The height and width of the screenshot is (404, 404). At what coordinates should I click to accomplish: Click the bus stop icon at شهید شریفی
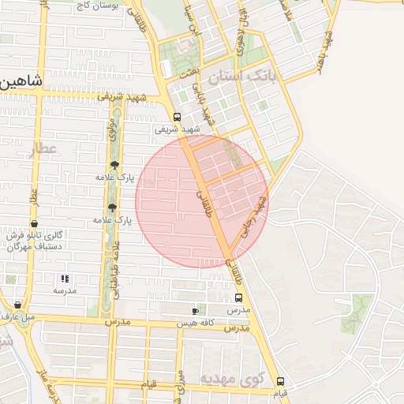176,117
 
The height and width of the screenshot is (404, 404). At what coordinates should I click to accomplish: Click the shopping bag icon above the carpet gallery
34,224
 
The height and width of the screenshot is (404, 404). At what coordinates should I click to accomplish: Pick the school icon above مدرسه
65,279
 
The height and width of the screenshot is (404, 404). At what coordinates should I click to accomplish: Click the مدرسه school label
65,290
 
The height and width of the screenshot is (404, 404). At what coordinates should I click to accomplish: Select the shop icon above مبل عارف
17,305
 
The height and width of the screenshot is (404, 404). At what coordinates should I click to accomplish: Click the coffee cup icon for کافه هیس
195,312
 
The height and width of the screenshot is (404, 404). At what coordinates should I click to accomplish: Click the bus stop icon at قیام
280,381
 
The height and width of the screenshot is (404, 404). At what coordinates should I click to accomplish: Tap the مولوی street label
114,133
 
